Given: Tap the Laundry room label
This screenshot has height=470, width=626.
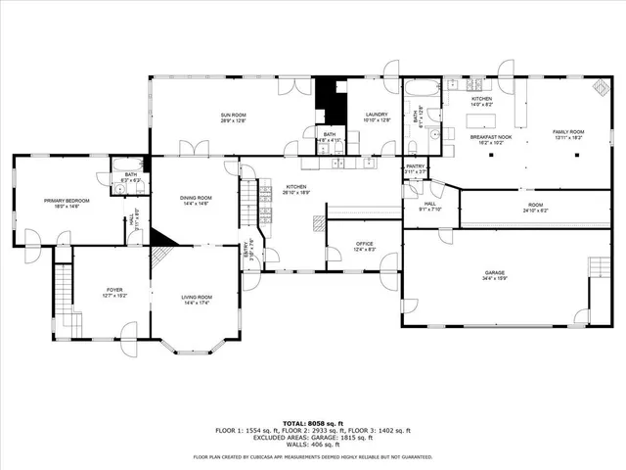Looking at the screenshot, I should coord(378,115).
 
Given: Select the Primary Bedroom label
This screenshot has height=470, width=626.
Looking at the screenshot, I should coord(60,201).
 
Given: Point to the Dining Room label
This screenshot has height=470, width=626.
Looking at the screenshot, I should coord(196,198).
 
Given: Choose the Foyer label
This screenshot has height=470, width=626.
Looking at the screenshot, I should coord(115,290).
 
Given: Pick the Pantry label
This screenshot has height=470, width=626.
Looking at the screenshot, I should coord(416,166).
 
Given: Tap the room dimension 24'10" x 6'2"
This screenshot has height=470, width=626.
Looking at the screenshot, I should coord(536,211).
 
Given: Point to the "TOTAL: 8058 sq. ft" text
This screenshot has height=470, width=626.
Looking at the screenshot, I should coord(312,422).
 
